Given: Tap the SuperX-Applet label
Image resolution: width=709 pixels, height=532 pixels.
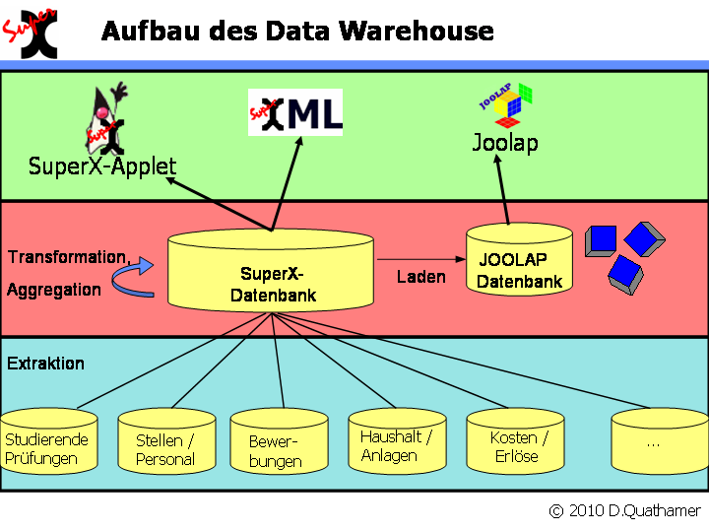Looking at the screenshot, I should click(x=102, y=166).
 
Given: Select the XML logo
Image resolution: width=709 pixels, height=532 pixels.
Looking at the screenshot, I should click(x=295, y=111).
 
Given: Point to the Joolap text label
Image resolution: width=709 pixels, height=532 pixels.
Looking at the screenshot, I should click(x=505, y=144).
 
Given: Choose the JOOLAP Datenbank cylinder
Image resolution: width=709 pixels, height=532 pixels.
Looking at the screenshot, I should click(x=519, y=264).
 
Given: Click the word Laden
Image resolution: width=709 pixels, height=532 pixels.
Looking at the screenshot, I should click(x=420, y=278).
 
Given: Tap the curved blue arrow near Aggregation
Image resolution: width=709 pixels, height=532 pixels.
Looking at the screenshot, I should click(x=139, y=279).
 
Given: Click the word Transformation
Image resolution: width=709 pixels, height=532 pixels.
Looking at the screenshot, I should click(x=67, y=258).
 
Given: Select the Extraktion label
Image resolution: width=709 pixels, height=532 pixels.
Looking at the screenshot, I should click(x=45, y=364).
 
